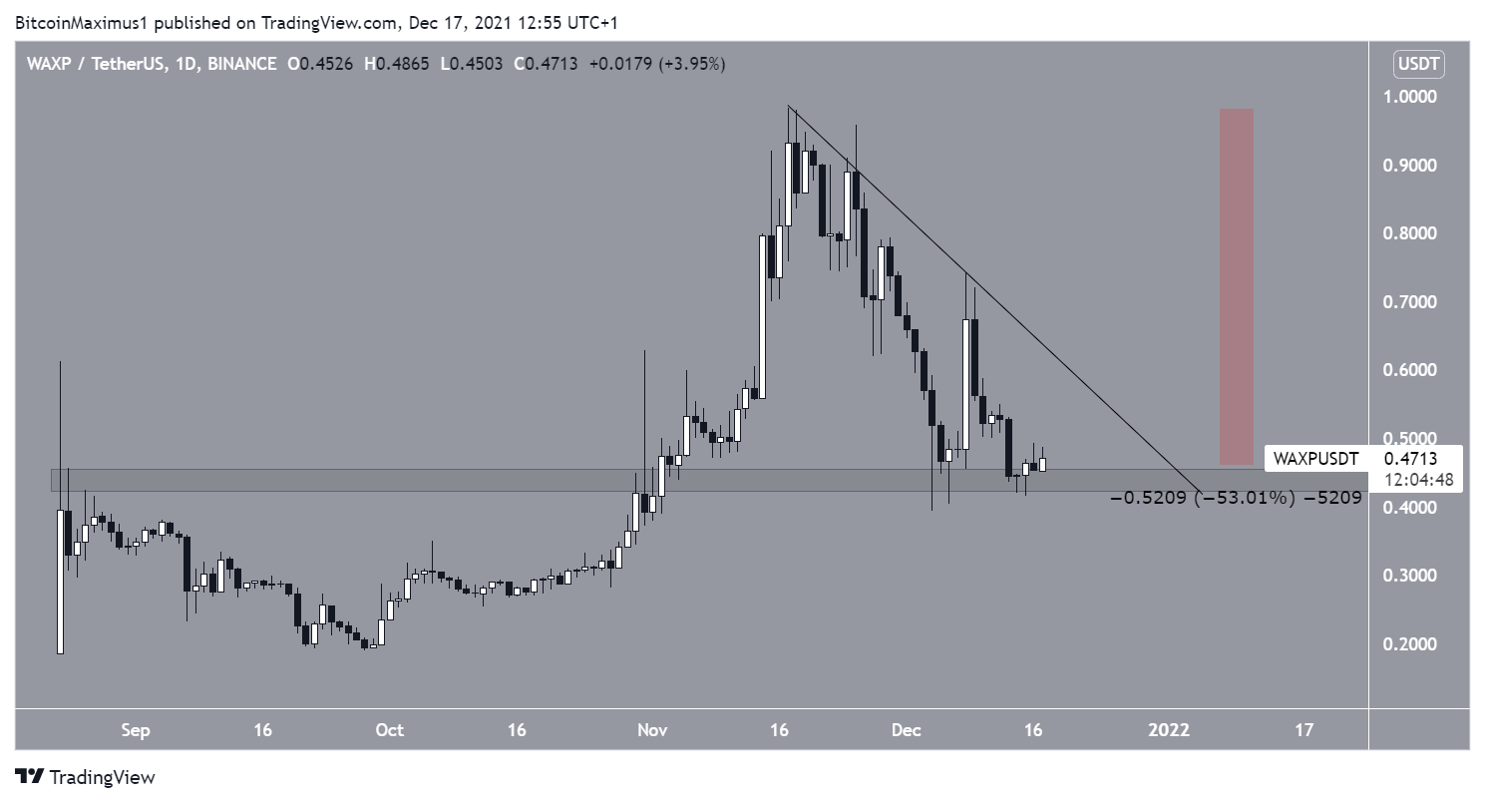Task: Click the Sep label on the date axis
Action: pos(136,730)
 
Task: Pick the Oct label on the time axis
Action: pos(390,730)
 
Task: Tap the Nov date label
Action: pos(653,730)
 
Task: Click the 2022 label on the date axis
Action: pos(1169,730)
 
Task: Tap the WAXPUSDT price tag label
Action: pos(1314,459)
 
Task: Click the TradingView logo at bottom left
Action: pos(85,777)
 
